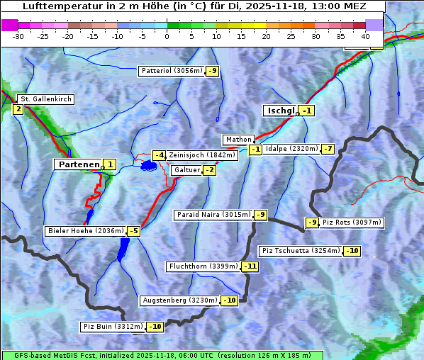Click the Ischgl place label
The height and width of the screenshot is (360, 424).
click(x=281, y=111)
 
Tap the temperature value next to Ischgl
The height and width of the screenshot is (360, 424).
click(x=306, y=111)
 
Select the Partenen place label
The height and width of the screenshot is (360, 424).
click(x=79, y=164)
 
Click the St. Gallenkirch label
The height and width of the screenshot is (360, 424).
click(x=45, y=99)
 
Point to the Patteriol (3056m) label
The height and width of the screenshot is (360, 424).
click(x=172, y=71)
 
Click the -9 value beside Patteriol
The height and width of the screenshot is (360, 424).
click(x=213, y=71)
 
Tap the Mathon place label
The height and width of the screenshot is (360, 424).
click(x=238, y=140)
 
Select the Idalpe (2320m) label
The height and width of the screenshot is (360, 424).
click(x=291, y=149)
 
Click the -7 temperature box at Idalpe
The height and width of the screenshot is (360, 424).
click(x=327, y=149)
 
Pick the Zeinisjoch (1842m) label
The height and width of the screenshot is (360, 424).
click(x=201, y=155)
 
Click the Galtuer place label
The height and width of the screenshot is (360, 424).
click(x=186, y=170)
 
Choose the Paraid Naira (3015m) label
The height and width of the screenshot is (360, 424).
click(x=213, y=215)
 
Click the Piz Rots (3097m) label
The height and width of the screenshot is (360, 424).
click(x=352, y=223)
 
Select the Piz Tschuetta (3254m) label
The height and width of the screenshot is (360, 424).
click(x=301, y=251)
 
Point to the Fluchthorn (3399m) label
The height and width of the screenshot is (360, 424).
click(x=203, y=266)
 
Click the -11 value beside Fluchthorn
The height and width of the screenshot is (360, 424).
click(x=250, y=266)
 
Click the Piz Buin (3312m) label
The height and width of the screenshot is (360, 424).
click(x=113, y=327)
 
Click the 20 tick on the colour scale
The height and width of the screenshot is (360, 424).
click(x=266, y=35)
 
